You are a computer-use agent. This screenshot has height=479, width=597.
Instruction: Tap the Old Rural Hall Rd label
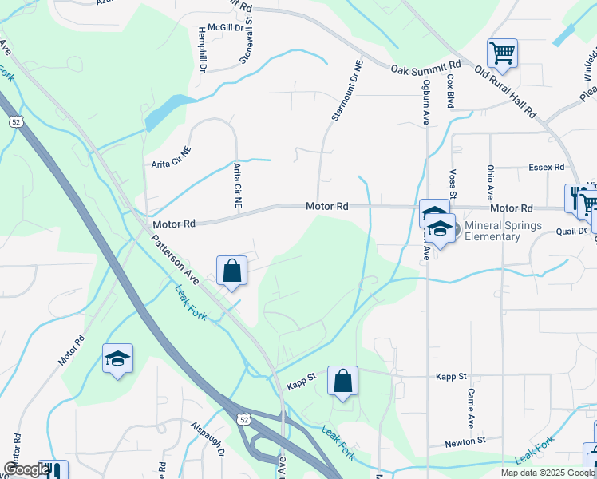coord(505,92)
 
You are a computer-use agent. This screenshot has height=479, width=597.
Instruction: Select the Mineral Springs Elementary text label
coord(503,231)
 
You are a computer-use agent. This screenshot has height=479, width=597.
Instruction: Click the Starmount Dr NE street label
coord(346,93)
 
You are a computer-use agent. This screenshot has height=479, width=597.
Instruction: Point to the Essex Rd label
coord(546,168)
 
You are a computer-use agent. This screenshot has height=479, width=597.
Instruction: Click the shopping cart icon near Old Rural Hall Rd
coord(502,53)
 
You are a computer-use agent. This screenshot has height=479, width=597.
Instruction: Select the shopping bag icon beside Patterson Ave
coord(231,270)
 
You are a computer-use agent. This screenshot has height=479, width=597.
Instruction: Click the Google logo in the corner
coord(26,470)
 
